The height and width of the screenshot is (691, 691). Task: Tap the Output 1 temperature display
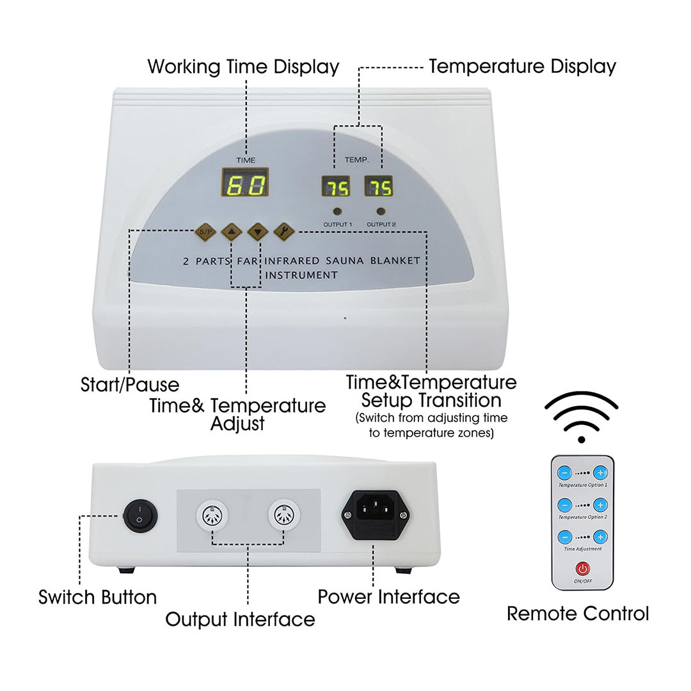[335, 187]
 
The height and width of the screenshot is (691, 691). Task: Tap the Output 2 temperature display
[379, 187]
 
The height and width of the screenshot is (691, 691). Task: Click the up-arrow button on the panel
[231, 231]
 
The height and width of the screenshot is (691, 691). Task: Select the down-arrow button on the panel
[257, 231]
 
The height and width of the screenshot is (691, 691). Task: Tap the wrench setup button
[283, 231]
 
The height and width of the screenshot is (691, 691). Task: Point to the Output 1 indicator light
[337, 211]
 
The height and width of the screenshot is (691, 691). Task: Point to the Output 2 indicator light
[381, 211]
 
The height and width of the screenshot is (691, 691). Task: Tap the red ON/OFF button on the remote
[582, 568]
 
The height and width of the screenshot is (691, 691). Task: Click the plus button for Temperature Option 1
[600, 473]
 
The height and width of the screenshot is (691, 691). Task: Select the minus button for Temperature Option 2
[564, 505]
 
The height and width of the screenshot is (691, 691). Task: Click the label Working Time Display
[243, 66]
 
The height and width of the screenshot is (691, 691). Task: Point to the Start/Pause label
[130, 385]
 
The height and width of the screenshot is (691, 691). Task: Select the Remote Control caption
[578, 614]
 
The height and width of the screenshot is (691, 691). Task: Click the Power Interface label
[389, 597]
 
